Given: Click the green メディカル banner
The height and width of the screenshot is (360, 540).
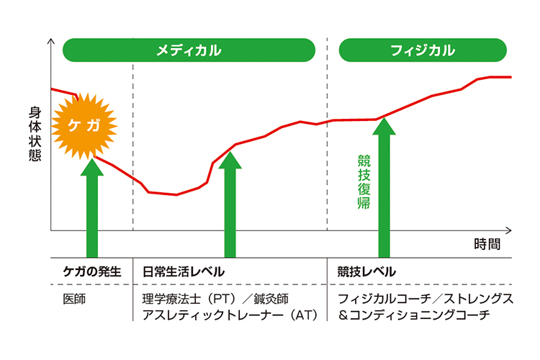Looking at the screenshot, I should click(189, 50).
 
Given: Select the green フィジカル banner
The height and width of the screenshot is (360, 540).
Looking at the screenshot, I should click(422, 50).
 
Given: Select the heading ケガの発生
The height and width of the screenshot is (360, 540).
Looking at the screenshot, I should click(91, 271).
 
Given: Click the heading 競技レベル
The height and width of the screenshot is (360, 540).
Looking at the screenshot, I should click(366, 271).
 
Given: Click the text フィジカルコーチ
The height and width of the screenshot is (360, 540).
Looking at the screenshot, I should click(382, 299).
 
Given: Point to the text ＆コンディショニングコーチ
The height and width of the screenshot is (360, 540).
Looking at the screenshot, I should click(413, 315).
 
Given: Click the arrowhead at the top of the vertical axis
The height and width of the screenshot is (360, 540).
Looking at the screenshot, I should click(50, 41).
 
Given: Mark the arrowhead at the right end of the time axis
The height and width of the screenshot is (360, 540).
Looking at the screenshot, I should click(508, 230).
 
